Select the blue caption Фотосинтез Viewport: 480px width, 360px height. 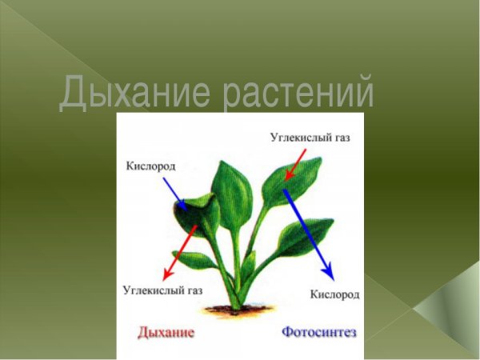coord(318,331)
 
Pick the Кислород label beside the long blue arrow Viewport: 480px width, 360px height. coord(334,294)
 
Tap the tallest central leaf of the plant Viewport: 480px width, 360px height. coord(233,192)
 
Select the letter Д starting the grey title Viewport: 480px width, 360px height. coord(72,92)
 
